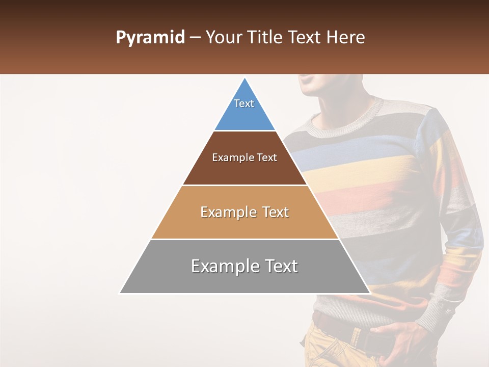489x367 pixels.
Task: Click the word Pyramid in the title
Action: point(150,38)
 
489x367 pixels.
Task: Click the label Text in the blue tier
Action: point(244,103)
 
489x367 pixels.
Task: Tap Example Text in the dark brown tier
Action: point(244,158)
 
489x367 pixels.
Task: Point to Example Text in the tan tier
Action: point(244,212)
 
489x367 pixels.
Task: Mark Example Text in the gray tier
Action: point(244,266)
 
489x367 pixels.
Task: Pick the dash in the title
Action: point(195,38)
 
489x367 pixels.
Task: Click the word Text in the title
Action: point(305,38)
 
